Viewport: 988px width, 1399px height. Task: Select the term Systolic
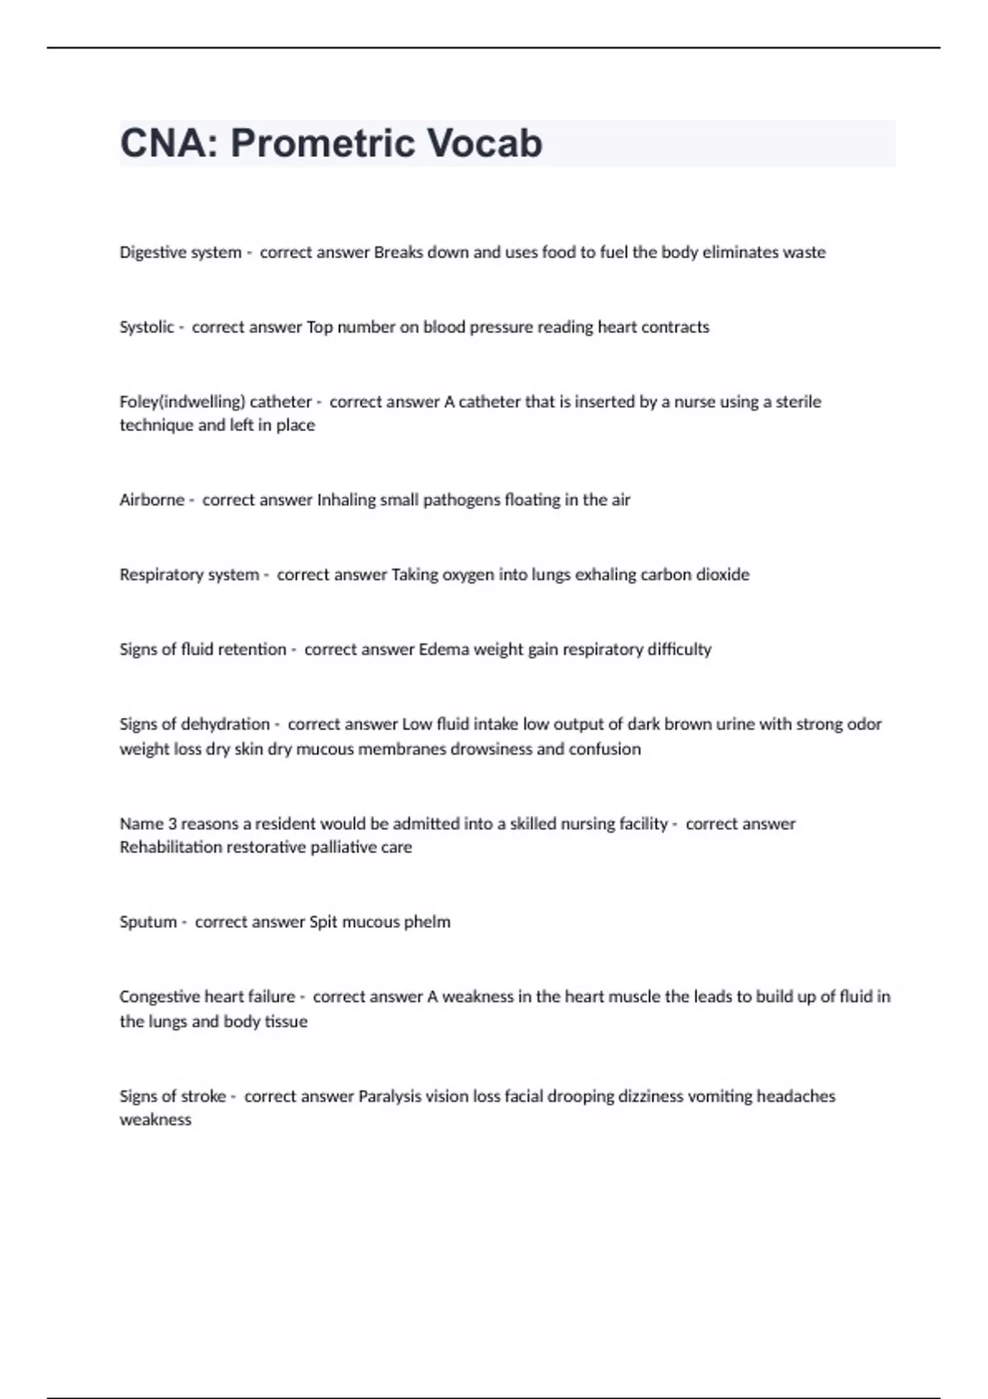(x=147, y=328)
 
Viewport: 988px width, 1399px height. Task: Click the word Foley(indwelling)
(x=182, y=402)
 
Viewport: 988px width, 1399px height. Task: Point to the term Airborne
(x=151, y=500)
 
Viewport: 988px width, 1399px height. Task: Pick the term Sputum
(x=148, y=922)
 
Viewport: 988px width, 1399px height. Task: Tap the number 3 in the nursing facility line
(x=171, y=824)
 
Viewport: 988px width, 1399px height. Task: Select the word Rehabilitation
(x=171, y=848)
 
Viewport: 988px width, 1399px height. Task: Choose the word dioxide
(x=723, y=574)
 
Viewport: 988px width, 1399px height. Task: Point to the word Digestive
(x=153, y=253)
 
